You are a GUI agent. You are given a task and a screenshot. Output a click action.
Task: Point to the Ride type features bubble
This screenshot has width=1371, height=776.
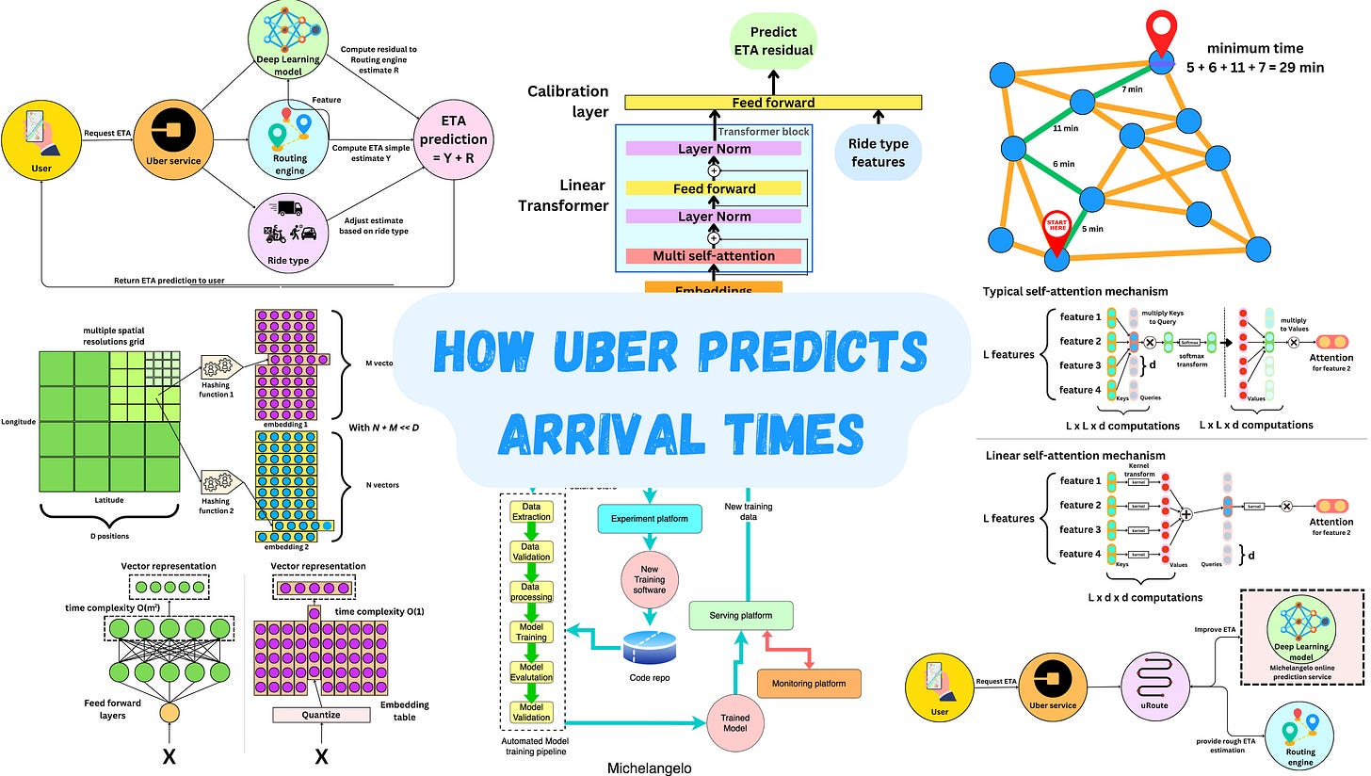click(879, 153)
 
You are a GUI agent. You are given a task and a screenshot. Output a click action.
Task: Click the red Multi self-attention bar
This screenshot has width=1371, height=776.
click(714, 255)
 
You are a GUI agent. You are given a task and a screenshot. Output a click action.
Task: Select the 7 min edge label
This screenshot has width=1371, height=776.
click(1134, 89)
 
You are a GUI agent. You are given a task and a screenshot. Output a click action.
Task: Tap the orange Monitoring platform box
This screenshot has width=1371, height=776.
click(809, 684)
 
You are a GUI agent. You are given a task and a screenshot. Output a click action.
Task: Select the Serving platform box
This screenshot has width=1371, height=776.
click(741, 616)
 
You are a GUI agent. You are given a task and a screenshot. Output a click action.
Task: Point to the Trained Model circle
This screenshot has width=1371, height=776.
click(734, 722)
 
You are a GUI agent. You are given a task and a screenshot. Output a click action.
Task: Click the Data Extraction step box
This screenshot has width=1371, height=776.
click(531, 511)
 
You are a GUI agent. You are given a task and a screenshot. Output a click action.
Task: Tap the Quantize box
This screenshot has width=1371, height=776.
click(321, 715)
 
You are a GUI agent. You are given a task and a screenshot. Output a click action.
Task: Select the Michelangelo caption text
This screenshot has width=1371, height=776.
click(650, 768)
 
